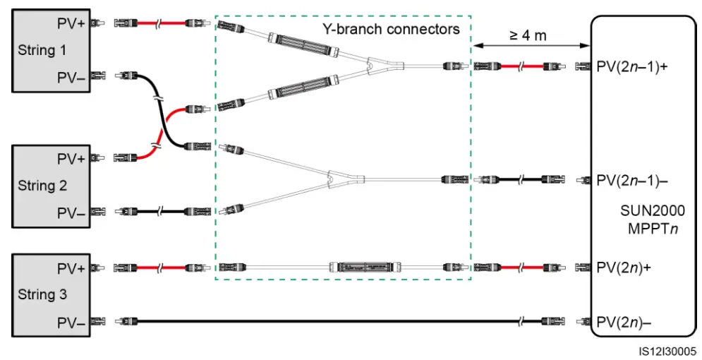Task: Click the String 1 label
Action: point(42,49)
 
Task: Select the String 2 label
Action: point(42,185)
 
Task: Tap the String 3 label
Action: point(42,294)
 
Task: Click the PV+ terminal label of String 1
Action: point(71,23)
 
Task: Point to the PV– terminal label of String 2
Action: point(71,212)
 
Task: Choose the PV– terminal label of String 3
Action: point(71,322)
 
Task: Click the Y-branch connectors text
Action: point(391,29)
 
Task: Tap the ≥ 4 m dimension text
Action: point(528,35)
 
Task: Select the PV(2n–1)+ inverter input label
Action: point(632,67)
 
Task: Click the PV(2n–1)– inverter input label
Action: point(632,181)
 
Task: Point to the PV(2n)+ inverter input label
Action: point(624,268)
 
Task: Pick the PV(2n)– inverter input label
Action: point(624,322)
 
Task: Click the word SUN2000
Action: point(653,210)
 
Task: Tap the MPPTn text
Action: point(653,229)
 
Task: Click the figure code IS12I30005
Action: point(667,351)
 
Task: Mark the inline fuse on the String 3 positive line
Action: point(365,268)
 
